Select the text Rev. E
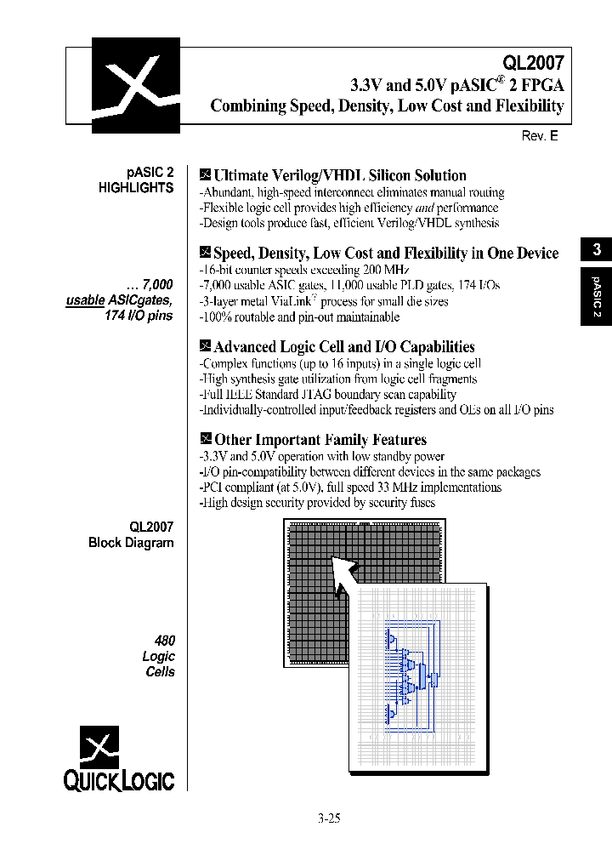click(x=539, y=136)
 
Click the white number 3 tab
click(x=597, y=249)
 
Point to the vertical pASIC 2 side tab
click(x=597, y=297)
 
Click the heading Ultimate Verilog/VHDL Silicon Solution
click(x=339, y=176)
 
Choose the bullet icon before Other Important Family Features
click(x=204, y=439)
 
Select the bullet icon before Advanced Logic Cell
click(x=204, y=346)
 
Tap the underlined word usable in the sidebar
click(x=85, y=300)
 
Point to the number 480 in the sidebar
click(x=162, y=641)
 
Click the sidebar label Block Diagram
click(x=131, y=543)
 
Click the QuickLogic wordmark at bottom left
click(x=118, y=780)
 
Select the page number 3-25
click(x=328, y=819)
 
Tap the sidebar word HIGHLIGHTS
click(x=136, y=188)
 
